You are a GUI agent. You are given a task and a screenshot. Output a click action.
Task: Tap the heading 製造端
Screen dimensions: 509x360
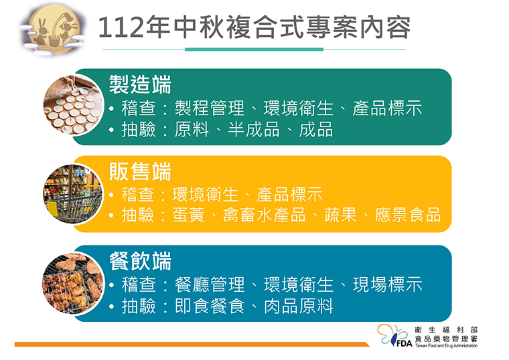[140, 84]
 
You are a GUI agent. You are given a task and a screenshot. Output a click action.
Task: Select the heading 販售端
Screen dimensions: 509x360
[140, 171]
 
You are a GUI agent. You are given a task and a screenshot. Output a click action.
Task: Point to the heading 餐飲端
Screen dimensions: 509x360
[140, 261]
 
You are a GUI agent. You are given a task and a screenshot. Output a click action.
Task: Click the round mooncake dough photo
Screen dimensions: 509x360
[74, 105]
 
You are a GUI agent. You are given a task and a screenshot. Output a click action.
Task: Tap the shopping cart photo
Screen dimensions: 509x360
[74, 194]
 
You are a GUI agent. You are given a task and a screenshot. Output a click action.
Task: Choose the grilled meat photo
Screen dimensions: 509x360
[74, 284]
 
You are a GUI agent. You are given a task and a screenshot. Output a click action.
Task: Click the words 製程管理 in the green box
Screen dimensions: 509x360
[210, 108]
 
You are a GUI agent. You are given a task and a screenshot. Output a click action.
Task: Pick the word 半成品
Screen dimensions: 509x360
[254, 129]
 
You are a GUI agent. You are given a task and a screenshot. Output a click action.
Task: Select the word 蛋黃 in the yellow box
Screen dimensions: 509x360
[188, 215]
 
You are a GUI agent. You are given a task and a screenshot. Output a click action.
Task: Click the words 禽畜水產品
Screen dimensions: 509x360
[264, 215]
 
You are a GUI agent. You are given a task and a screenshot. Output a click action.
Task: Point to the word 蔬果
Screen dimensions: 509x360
[340, 215]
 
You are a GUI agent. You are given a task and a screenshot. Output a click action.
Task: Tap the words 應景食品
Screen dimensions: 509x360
[407, 215]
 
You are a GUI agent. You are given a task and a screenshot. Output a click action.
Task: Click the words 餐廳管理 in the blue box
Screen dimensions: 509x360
[210, 285]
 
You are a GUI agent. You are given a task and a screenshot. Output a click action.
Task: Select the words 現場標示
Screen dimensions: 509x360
[388, 285]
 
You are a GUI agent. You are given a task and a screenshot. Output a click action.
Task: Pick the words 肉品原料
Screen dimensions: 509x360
[298, 306]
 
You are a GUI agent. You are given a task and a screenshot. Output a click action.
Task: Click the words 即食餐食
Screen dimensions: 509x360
[210, 306]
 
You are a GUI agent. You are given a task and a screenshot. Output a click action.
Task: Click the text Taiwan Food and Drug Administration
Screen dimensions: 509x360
[446, 346]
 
